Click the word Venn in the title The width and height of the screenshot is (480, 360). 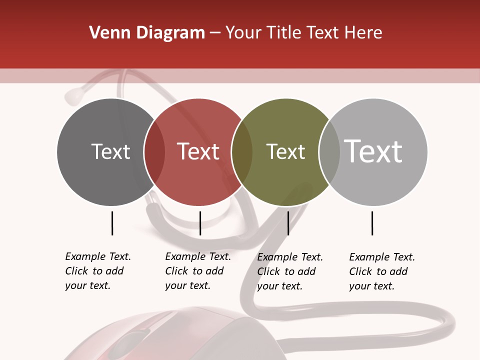tap(105, 33)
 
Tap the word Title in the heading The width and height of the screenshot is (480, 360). tap(286, 33)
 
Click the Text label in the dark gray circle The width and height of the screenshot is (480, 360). tap(110, 151)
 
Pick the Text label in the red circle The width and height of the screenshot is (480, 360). tap(198, 151)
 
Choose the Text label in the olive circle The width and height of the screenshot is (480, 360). tap(285, 151)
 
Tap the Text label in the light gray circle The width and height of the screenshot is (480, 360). tap(373, 151)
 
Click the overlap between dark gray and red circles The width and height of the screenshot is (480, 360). tap(154, 152)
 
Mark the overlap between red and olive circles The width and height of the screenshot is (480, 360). tap(242, 152)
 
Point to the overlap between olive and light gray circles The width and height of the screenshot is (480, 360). tap(329, 152)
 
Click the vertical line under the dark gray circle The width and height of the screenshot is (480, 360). tap(112, 223)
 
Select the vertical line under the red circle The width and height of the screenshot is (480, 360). tap(200, 223)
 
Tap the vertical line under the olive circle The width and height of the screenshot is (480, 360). tap(288, 223)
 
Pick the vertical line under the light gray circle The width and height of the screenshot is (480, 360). tap(372, 223)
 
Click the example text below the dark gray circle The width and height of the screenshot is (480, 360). tap(98, 271)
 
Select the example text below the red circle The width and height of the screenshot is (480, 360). tap(198, 271)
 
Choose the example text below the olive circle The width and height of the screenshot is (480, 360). tap(290, 271)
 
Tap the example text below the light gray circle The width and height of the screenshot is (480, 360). tap(382, 271)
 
